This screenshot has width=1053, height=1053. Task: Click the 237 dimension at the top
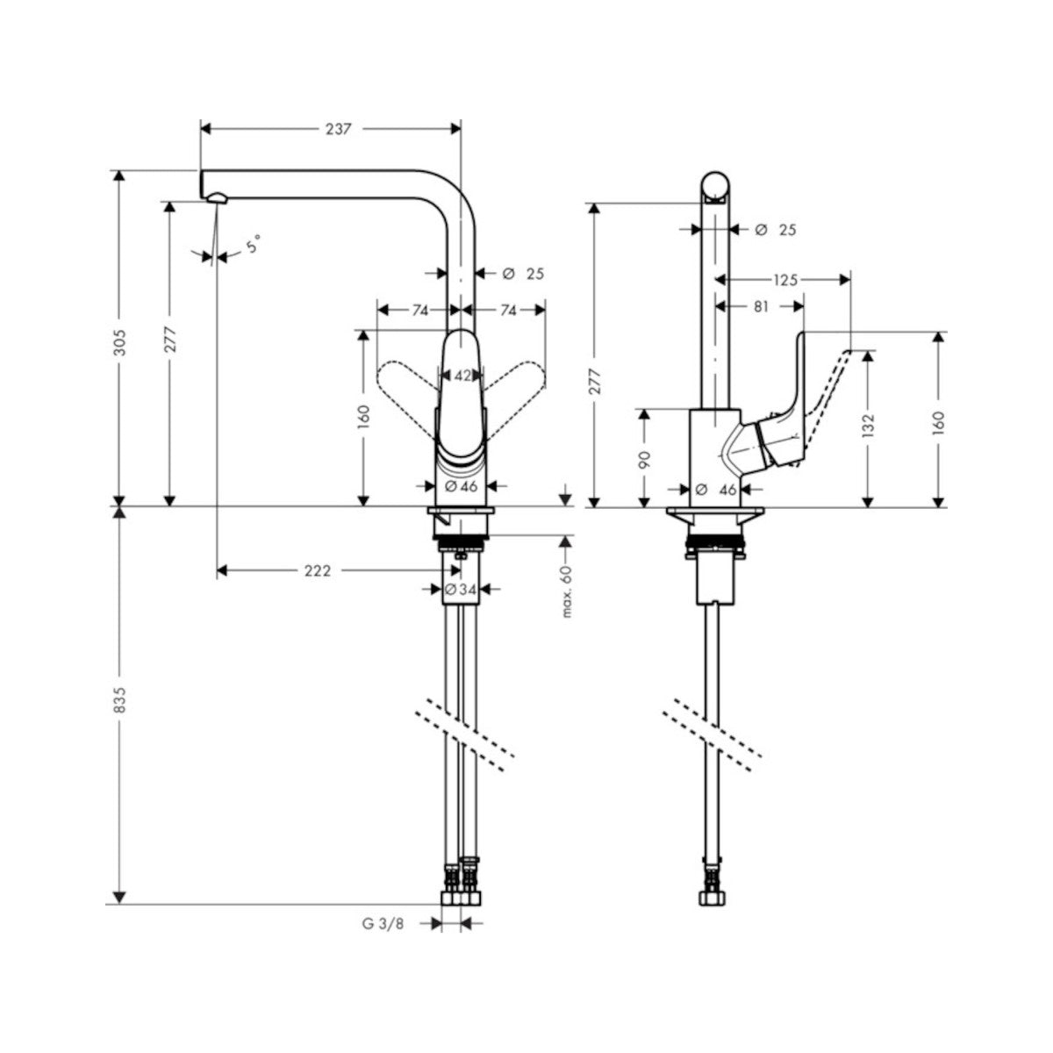tap(338, 129)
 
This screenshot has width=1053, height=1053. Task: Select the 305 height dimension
tap(120, 341)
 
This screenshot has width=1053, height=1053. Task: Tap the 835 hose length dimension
tap(120, 699)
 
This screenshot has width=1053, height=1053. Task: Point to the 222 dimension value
tap(317, 571)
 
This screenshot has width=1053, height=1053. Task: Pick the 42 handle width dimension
tap(462, 376)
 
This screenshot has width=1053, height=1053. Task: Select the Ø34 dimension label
tap(461, 591)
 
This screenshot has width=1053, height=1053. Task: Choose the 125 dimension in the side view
tap(784, 280)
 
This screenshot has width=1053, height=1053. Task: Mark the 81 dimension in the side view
tap(760, 307)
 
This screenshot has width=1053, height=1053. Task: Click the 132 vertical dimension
tap(868, 426)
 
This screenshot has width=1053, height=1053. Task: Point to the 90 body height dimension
tap(644, 459)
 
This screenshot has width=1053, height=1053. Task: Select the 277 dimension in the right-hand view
tap(595, 383)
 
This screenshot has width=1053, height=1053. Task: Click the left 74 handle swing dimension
tap(419, 310)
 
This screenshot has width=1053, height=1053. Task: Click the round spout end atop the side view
tap(715, 187)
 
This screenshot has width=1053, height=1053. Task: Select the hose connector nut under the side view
tap(710, 899)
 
